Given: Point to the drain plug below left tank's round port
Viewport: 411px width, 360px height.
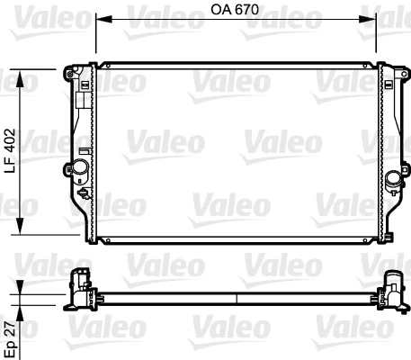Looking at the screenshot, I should click(x=85, y=192).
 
